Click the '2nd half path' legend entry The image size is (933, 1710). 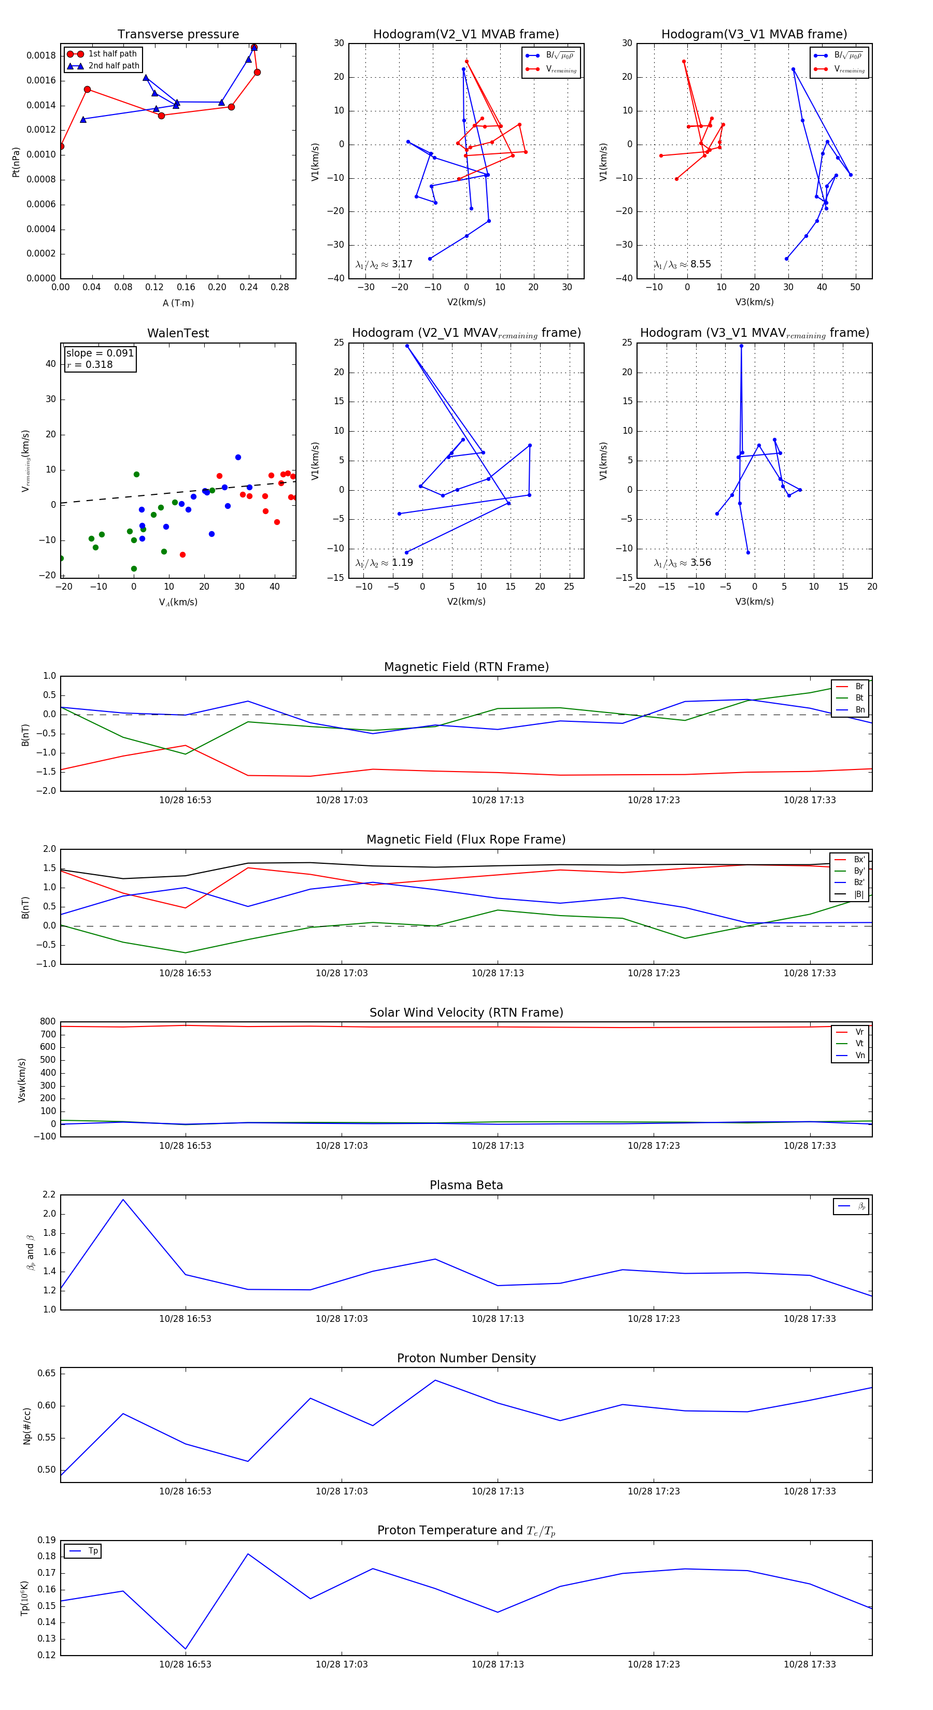(114, 66)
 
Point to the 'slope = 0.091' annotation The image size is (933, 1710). (100, 353)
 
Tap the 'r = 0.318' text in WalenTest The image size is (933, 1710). (90, 364)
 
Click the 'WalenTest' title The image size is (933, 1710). (178, 333)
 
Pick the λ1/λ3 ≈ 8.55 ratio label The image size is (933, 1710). (682, 264)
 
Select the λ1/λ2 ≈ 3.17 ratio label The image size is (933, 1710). (384, 264)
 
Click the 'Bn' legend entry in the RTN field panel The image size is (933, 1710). (859, 709)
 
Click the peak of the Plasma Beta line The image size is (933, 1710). (123, 1200)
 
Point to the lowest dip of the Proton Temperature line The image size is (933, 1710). (185, 1648)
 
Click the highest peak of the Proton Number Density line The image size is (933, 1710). (435, 1380)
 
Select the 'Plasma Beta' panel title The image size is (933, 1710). (466, 1186)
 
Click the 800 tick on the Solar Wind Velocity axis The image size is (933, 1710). (48, 1022)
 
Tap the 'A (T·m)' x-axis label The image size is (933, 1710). (178, 303)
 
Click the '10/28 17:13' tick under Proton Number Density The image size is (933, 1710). (498, 1491)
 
